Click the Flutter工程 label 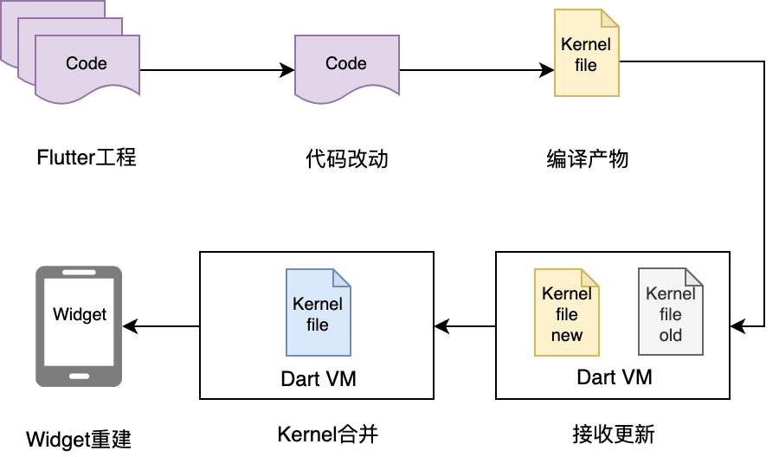click(87, 158)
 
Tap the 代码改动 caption click(346, 159)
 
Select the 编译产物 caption click(588, 159)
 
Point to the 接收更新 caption click(614, 432)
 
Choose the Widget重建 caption click(79, 439)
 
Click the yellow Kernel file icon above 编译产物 click(586, 53)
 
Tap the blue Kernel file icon click(318, 312)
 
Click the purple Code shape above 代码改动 click(346, 68)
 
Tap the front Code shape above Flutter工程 click(87, 68)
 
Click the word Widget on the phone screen click(80, 314)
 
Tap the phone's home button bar click(79, 377)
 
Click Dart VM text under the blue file click(318, 379)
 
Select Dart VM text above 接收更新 click(614, 377)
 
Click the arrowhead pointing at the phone click(130, 326)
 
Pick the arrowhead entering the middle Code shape click(287, 71)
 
